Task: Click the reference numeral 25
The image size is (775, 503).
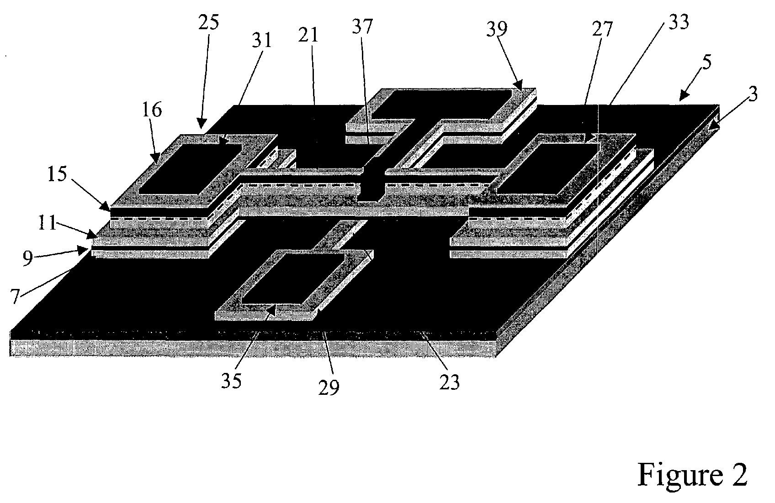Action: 209,23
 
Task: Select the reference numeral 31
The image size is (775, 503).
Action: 262,40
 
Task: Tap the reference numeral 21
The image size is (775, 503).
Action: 308,36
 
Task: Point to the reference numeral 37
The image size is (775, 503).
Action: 362,27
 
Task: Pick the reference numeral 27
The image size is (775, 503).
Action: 602,29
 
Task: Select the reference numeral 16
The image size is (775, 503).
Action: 152,110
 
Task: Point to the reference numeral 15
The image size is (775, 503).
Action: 57,174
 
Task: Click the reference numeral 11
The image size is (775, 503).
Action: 47,223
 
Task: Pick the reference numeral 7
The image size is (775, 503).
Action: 15,296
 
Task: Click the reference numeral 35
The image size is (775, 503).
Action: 231,381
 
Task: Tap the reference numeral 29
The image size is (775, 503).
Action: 329,387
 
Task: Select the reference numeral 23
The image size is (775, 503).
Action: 449,382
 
